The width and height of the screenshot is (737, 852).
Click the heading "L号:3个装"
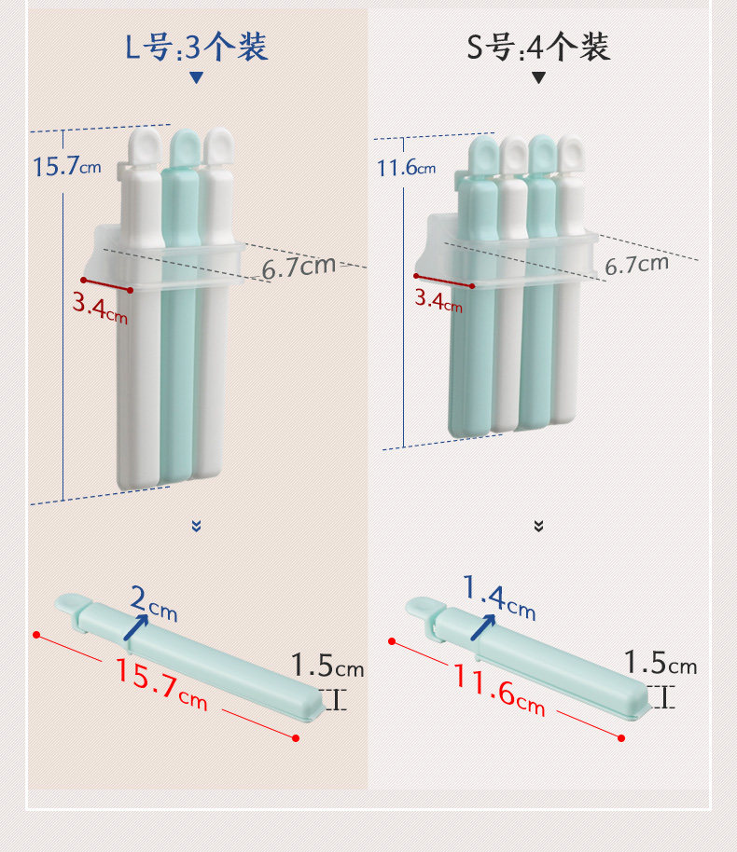coord(196,47)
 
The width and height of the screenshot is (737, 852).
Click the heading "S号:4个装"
coord(538,47)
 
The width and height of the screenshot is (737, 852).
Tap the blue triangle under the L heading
coord(196,77)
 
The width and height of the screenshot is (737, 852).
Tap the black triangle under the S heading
coord(538,77)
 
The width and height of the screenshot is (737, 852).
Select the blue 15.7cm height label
coord(67,166)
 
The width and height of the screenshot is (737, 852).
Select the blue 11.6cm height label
coord(407,168)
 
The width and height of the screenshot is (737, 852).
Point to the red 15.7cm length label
coord(161,684)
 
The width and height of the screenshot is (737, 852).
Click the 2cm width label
coord(154,603)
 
